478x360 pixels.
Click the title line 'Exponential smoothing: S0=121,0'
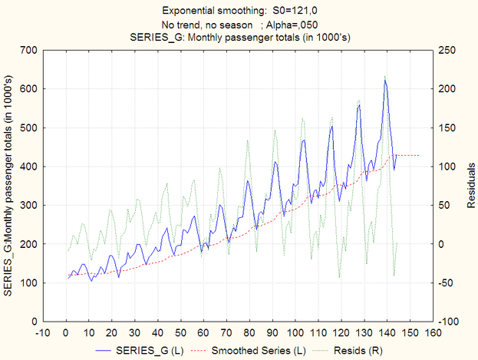point(238,11)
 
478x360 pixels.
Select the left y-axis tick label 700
point(28,50)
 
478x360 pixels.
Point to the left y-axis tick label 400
point(28,167)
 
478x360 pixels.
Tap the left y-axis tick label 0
point(35,321)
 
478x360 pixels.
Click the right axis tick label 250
point(448,50)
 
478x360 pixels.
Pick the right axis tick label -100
point(450,321)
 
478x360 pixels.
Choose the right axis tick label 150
point(448,127)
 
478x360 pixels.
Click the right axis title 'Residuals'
point(470,185)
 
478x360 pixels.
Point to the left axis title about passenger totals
point(8,185)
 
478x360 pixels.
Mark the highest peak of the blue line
point(385,80)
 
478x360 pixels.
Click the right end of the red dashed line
point(419,155)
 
